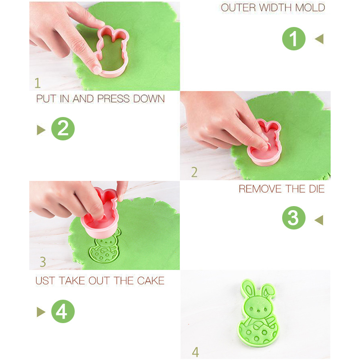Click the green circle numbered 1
pyautogui.click(x=294, y=39)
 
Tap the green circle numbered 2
pyautogui.click(x=63, y=129)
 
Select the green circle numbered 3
pyautogui.click(x=294, y=218)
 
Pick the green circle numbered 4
pyautogui.click(x=63, y=311)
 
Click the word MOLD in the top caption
pyautogui.click(x=310, y=8)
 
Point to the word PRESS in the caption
pyautogui.click(x=113, y=99)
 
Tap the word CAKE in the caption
pyautogui.click(x=151, y=280)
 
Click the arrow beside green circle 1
pyautogui.click(x=319, y=39)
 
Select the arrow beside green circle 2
pyautogui.click(x=41, y=130)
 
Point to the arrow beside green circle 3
pyautogui.click(x=319, y=220)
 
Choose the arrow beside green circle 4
pyautogui.click(x=41, y=312)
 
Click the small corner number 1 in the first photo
pyautogui.click(x=37, y=83)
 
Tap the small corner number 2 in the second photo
pyautogui.click(x=194, y=172)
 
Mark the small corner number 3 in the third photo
pyautogui.click(x=43, y=262)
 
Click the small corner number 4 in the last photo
pyautogui.click(x=195, y=352)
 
